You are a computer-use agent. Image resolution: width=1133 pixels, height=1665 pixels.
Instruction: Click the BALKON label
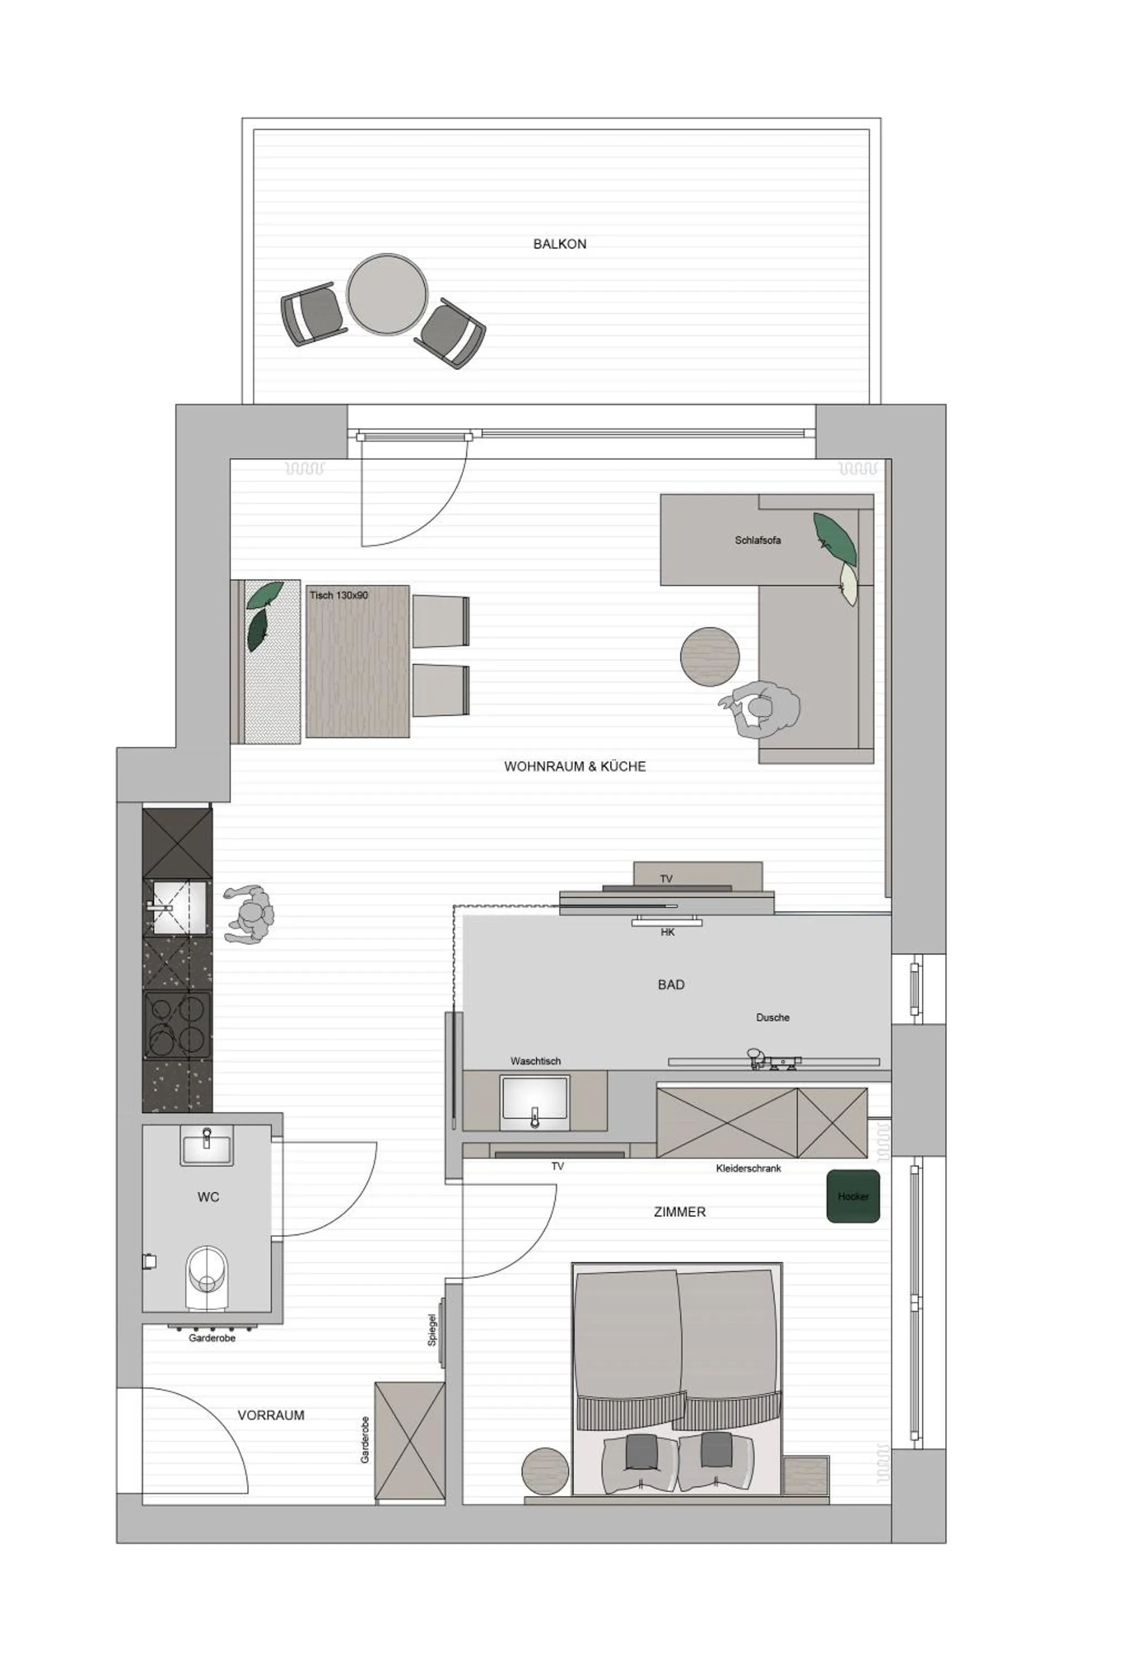tap(559, 244)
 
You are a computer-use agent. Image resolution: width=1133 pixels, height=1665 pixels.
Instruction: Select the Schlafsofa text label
tap(757, 540)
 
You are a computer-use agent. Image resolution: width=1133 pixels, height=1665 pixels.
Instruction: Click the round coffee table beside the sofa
tap(709, 655)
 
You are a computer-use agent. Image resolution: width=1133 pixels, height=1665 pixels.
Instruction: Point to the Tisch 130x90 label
tap(339, 596)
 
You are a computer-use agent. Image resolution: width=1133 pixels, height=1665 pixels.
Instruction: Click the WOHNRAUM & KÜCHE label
tap(574, 766)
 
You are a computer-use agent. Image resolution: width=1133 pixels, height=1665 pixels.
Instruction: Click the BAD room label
tap(670, 985)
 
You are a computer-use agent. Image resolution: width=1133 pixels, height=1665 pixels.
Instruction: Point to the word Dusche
tap(772, 1017)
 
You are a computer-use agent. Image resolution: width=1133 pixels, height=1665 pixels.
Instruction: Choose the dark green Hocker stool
tap(852, 1197)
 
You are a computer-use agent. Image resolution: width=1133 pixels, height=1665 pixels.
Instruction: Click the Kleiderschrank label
tap(748, 1168)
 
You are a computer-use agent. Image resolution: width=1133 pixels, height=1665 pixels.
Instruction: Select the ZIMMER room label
tap(679, 1212)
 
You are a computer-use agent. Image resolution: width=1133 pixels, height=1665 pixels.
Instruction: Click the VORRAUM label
tap(271, 1415)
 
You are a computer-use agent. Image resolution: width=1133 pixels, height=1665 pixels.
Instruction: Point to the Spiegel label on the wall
tap(432, 1329)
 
